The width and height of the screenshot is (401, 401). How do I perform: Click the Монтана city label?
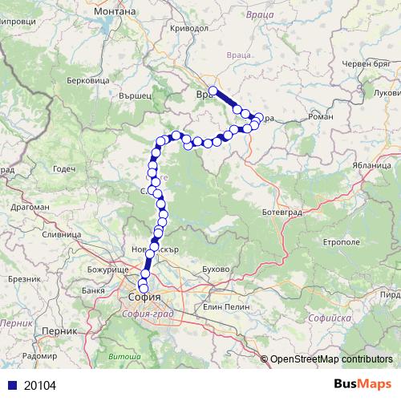[x=117, y=13]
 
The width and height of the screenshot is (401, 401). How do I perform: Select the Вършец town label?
[x=134, y=95]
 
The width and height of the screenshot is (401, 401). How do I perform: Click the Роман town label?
[x=320, y=117]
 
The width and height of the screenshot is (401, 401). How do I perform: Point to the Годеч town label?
[x=63, y=169]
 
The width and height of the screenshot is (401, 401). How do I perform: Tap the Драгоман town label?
[x=30, y=207]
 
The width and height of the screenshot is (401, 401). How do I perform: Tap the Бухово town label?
[x=217, y=269]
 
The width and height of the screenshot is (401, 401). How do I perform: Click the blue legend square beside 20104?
[x=10, y=385]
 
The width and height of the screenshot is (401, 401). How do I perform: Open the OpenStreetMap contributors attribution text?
[x=331, y=358]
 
